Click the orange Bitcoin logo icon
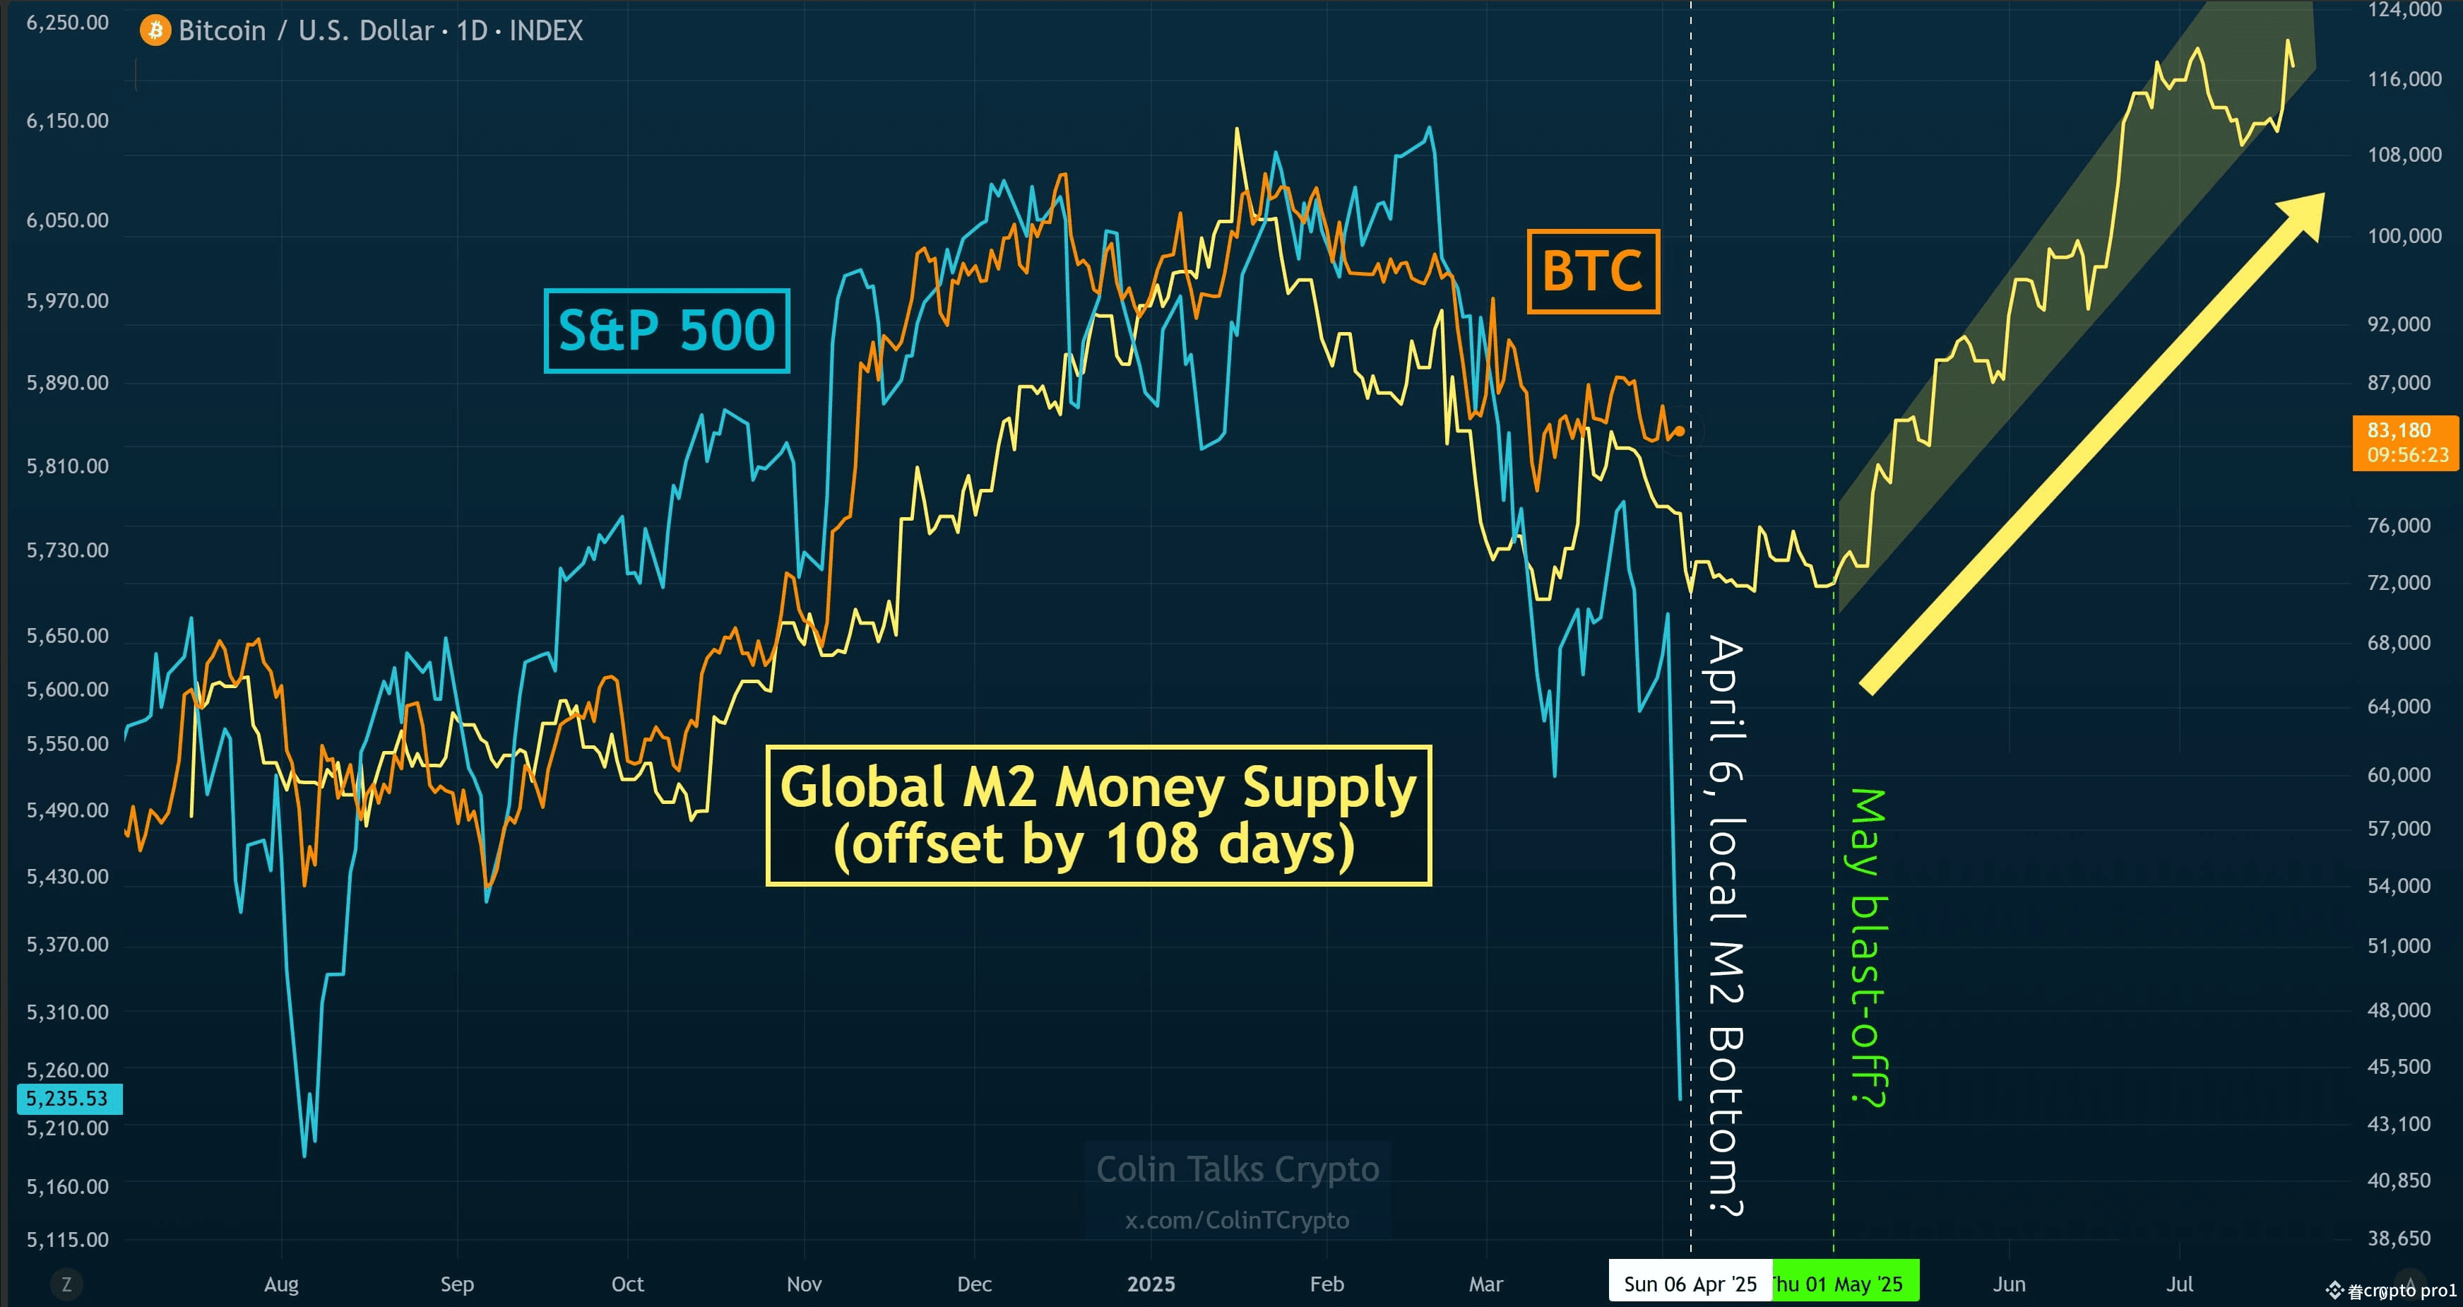coord(155,30)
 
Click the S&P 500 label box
coord(666,330)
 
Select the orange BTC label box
coord(1592,271)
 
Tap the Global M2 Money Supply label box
coord(1098,815)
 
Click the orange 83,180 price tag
coord(2406,442)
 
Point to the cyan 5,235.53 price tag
coord(69,1099)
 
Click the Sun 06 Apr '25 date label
coord(1690,1284)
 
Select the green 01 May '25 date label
coord(1846,1284)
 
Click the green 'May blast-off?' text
coord(1868,947)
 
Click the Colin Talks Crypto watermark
coord(1238,1169)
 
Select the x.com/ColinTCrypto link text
coord(1238,1221)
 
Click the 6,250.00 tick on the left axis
coord(67,23)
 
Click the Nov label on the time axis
coord(804,1284)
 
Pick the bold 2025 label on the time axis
coord(1151,1284)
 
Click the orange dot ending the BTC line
coord(1680,431)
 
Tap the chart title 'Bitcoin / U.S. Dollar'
coord(306,30)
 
